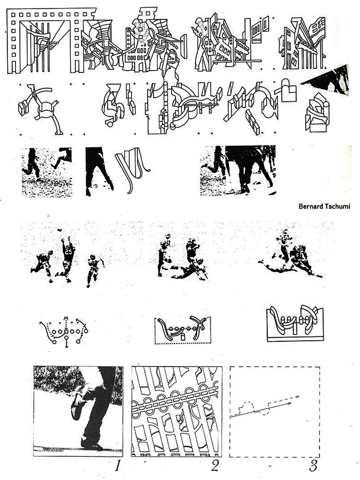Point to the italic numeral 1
(117, 465)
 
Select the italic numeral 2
(215, 465)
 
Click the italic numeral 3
(313, 465)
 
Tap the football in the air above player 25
(60, 230)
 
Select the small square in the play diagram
(66, 332)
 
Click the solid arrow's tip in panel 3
(291, 403)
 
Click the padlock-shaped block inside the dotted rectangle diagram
(183, 337)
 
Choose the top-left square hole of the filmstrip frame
(13, 15)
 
